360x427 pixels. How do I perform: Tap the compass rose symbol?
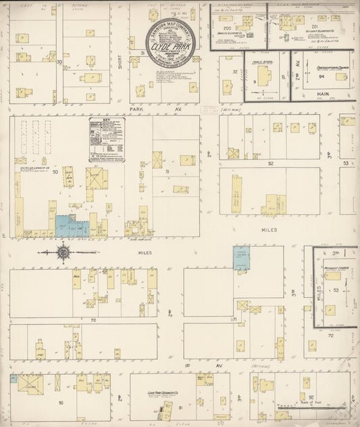[x=63, y=253]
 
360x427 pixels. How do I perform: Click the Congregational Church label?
[x=331, y=68]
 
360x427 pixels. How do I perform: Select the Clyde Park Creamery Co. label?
[x=162, y=391]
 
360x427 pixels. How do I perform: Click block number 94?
[x=322, y=77]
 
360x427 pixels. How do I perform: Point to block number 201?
[x=314, y=26]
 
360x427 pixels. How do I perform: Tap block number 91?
[x=181, y=407]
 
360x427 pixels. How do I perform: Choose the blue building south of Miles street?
[x=241, y=258]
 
